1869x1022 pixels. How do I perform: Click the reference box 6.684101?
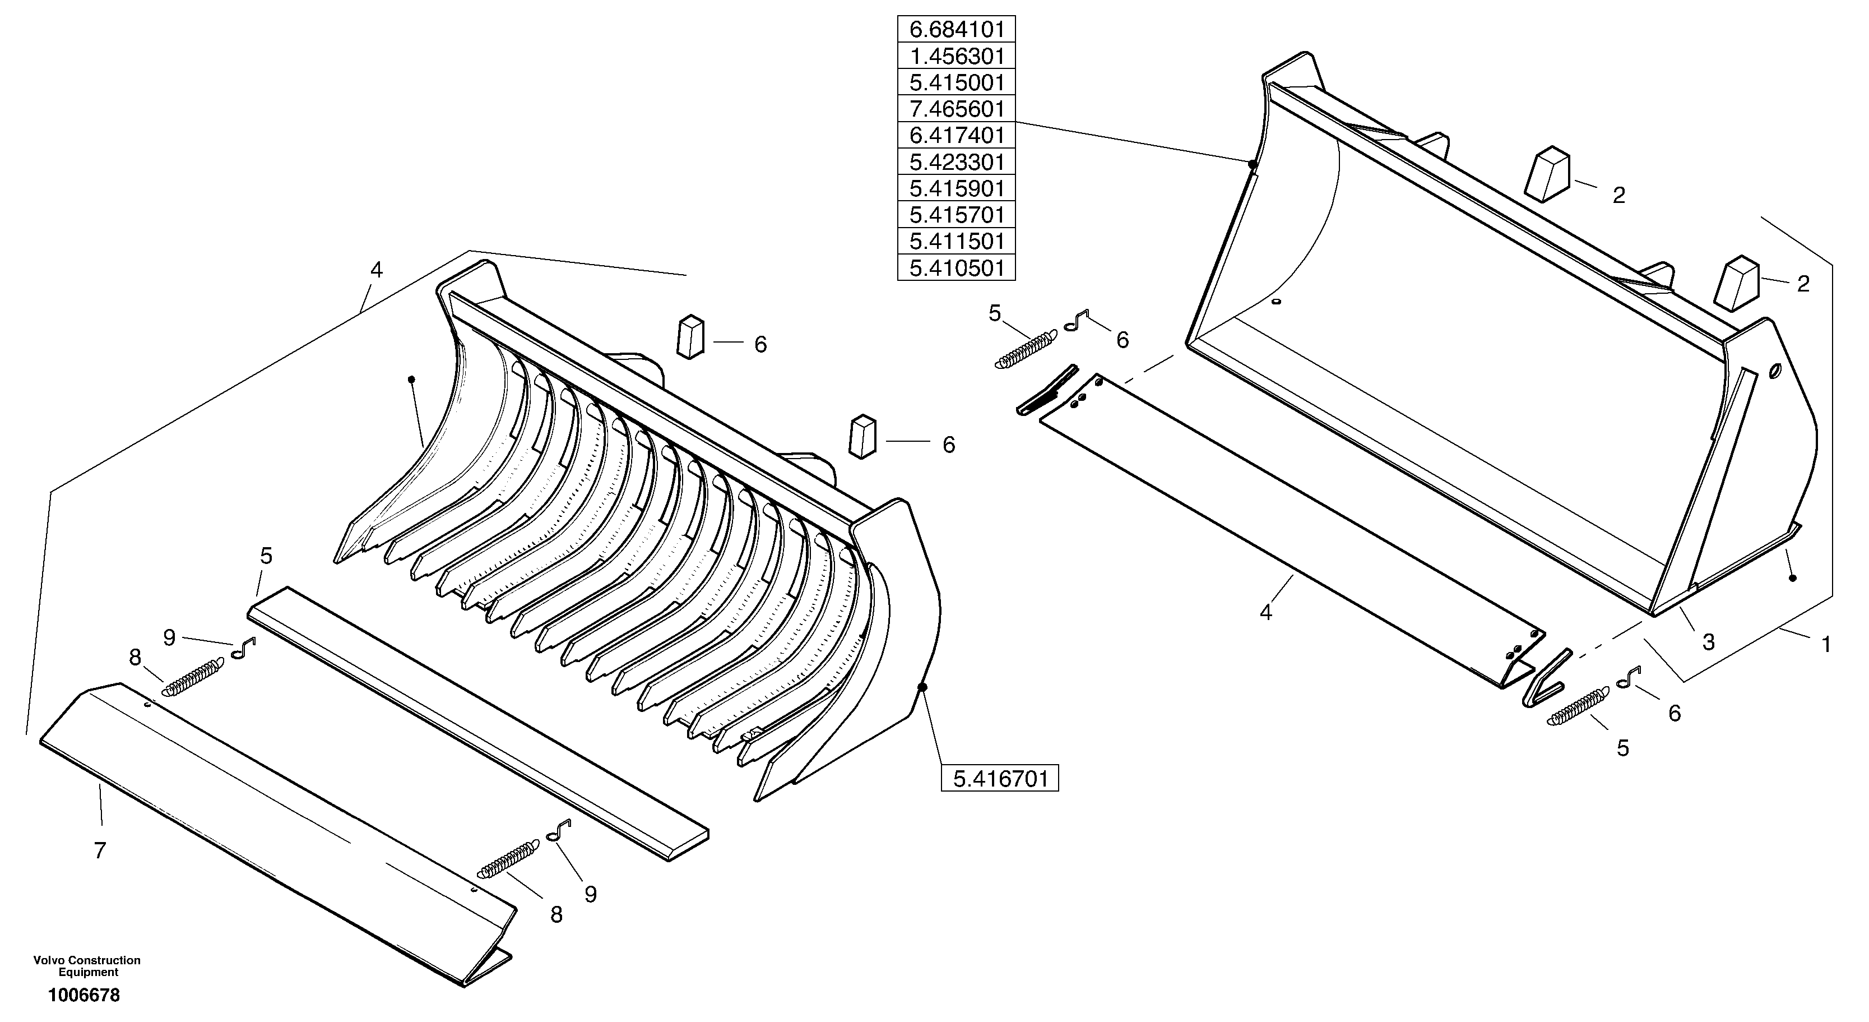tap(956, 30)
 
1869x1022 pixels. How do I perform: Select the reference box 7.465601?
tap(956, 109)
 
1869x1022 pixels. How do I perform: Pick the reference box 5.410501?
tap(956, 268)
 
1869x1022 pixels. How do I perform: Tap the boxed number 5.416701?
tap(999, 779)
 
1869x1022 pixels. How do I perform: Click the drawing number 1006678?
tap(84, 995)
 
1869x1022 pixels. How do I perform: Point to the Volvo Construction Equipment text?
tap(87, 966)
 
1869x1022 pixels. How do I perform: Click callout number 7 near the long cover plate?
tap(100, 850)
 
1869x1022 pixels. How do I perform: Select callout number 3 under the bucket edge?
tap(1708, 642)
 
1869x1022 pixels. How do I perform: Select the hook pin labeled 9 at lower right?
tap(560, 830)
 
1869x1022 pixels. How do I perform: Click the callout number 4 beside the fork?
tap(376, 270)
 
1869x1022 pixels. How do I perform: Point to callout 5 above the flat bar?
tap(266, 556)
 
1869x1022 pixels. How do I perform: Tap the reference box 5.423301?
tap(956, 162)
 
